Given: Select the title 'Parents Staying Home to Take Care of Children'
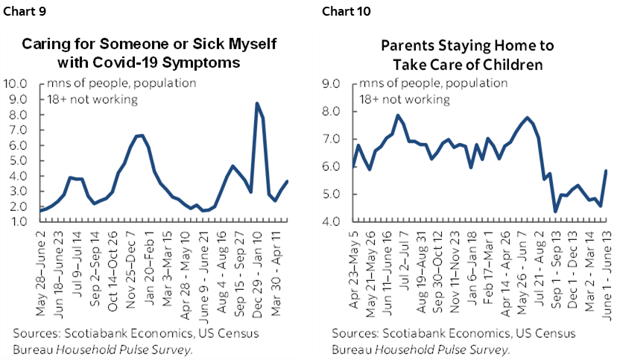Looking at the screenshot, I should (462, 54).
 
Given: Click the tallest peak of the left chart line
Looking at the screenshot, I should (256, 103).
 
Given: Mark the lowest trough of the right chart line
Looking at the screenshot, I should (555, 212).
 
